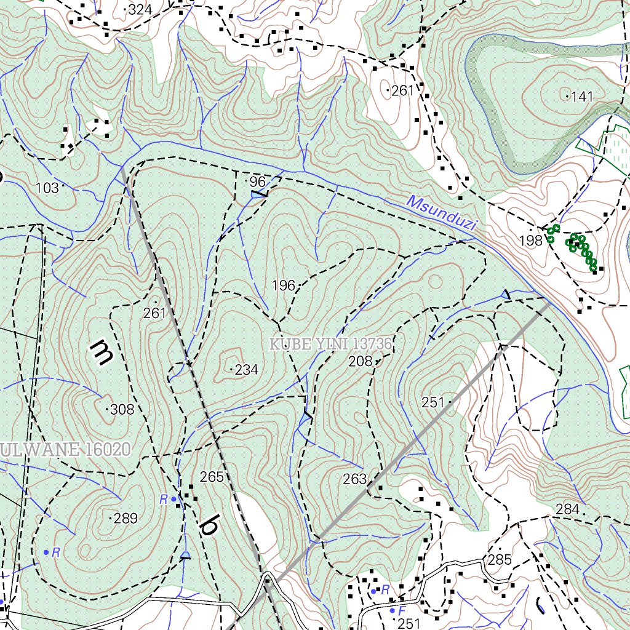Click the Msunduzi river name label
pos(442,213)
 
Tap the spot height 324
pos(140,9)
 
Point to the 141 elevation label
pos(581,97)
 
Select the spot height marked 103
pos(47,188)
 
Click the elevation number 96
pos(257,181)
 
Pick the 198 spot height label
pos(530,241)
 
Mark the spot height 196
pos(283,285)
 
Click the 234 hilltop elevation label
pos(246,370)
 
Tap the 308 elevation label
pos(122,409)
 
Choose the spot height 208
pos(360,361)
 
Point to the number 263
pos(354,479)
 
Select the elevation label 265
pos(212,477)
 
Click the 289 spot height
pos(126,519)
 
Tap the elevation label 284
pos(567,509)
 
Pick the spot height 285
pos(499,559)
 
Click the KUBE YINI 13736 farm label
pos(331,344)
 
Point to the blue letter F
pos(402,611)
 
